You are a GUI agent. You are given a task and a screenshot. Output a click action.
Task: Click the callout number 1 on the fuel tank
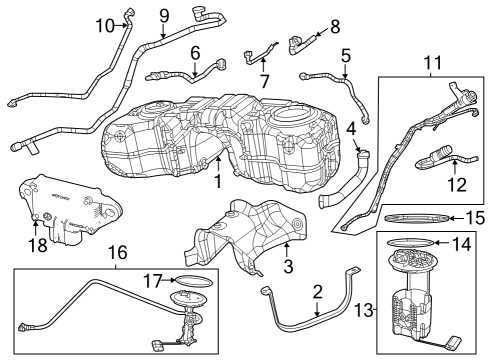point(216,183)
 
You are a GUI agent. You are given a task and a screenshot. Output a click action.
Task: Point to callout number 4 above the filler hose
point(351,128)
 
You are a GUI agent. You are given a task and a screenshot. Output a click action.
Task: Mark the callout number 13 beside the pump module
point(364,310)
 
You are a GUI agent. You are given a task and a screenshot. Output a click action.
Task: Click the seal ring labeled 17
point(192,280)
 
